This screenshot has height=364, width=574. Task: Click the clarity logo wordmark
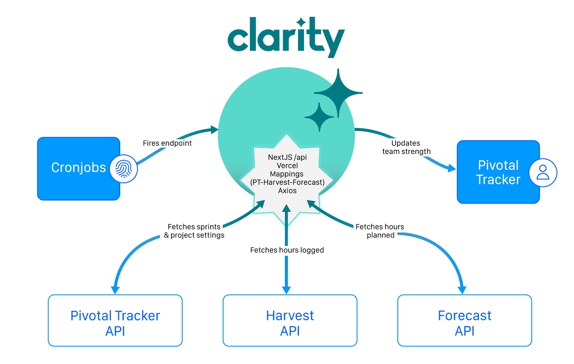[286, 36]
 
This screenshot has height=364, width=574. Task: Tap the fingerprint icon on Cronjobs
[123, 169]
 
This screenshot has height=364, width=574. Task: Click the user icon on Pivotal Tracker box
[543, 172]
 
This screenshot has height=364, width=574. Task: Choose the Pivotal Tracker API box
[115, 320]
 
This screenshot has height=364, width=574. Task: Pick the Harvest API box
[290, 320]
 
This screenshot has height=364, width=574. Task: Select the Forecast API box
[465, 320]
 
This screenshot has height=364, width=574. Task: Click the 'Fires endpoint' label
[167, 143]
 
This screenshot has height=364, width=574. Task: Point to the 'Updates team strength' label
[406, 147]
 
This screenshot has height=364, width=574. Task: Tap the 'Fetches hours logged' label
[287, 250]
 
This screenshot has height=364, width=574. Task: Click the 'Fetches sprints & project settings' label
[194, 231]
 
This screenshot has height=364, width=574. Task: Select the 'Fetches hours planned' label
[380, 231]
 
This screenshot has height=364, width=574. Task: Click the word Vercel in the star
[287, 166]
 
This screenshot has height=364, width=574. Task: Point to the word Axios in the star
[287, 191]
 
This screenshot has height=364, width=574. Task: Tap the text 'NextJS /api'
[287, 157]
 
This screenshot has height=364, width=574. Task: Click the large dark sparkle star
[338, 93]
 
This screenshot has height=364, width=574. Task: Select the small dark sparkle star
[319, 117]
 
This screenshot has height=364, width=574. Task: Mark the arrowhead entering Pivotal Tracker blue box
[452, 168]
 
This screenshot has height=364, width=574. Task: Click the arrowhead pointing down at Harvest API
[286, 290]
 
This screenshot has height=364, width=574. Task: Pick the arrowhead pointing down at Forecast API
[462, 290]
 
